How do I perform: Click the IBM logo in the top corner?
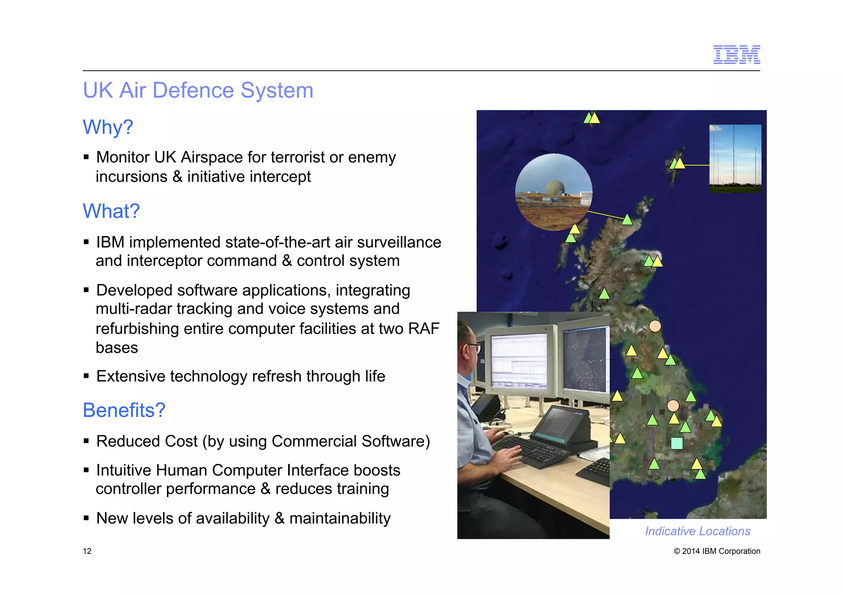736,55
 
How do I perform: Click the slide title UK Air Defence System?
198,90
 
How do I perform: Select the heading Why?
108,127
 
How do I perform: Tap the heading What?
111,211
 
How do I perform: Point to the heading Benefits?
124,410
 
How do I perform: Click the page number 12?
87,551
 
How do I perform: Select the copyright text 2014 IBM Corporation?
720,551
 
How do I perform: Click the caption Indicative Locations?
697,531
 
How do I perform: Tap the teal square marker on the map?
677,443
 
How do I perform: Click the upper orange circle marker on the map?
655,326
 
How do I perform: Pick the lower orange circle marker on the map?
673,406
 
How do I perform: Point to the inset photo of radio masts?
735,158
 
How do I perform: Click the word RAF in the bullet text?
424,329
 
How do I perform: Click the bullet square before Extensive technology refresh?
86,376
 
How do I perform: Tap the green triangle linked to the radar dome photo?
627,220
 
